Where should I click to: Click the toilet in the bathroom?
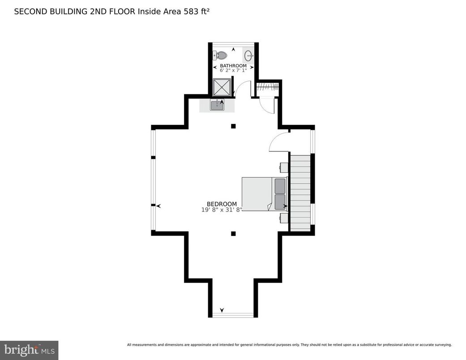point(220,56)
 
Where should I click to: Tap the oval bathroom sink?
point(248,56)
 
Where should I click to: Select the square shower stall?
point(222,87)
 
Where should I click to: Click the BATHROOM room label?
point(233,66)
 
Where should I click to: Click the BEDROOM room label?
point(222,204)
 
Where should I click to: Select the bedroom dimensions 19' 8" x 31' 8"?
point(222,210)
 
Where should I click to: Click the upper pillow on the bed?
point(280,186)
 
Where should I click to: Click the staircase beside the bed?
point(300,193)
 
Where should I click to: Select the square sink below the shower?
point(217,106)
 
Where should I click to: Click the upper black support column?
point(233,126)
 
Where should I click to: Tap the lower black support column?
point(233,233)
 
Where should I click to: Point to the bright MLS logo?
point(29,350)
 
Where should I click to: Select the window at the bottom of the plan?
point(233,315)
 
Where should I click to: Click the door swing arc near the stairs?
point(278,141)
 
